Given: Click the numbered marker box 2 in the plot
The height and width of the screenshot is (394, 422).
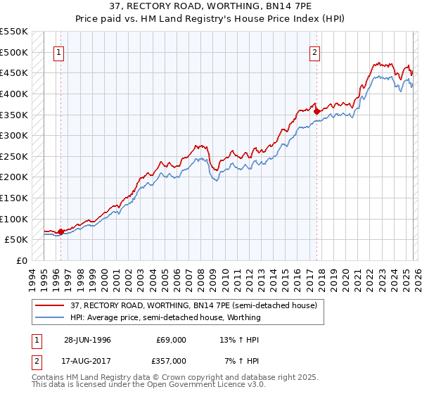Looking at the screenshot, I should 314,51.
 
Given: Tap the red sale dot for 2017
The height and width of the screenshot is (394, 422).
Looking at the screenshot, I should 316,110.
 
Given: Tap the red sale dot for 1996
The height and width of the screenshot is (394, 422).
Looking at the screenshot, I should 61,231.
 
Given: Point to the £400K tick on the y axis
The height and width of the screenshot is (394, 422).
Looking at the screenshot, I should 14,94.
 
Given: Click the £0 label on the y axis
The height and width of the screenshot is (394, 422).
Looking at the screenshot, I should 23,260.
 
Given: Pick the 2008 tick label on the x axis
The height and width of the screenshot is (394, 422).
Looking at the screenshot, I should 201,278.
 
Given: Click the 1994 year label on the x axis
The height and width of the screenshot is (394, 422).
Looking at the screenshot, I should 32,278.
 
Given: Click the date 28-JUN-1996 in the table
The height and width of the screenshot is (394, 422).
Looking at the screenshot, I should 87,340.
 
